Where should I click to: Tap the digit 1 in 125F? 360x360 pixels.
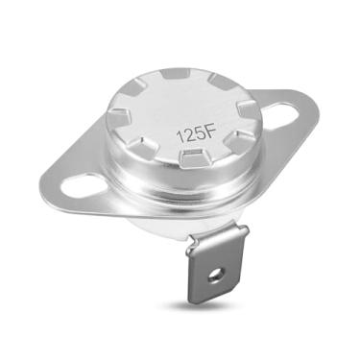click(x=179, y=133)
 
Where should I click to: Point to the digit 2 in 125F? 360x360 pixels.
click(x=187, y=133)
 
